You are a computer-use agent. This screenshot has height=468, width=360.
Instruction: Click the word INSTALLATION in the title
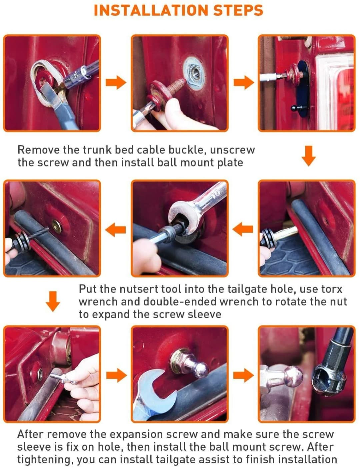(x=151, y=10)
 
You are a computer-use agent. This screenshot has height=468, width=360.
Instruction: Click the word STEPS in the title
(x=238, y=10)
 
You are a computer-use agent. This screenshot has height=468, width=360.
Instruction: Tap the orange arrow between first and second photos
(x=116, y=82)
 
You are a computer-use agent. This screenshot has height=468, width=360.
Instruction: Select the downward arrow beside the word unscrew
(x=309, y=156)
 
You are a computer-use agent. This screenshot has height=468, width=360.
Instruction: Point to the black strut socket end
(x=330, y=377)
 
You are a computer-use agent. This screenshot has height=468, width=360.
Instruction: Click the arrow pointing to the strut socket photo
(x=243, y=375)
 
